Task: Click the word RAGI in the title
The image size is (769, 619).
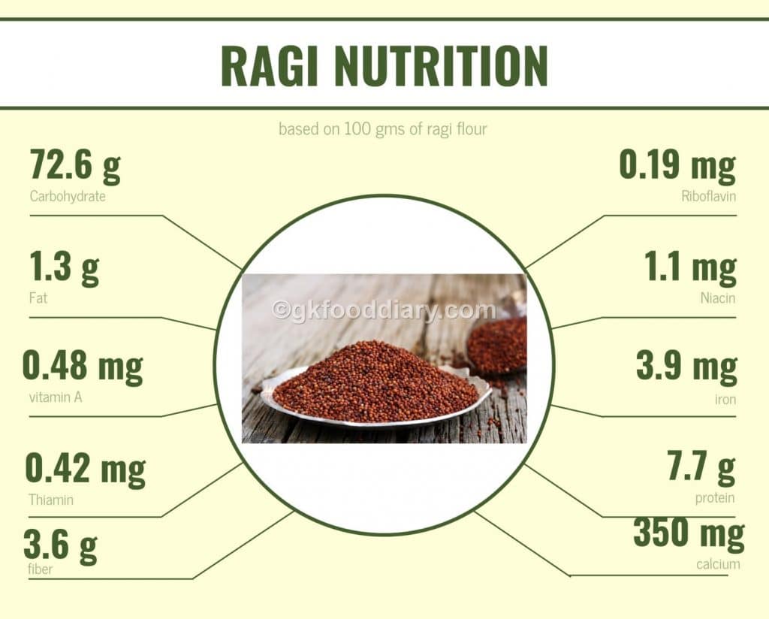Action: (x=271, y=66)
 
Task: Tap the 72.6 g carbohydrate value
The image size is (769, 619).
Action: (x=75, y=166)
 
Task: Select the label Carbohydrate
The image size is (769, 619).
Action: (x=68, y=197)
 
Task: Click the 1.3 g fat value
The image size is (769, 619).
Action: (x=64, y=268)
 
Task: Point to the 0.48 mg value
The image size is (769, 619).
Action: (x=83, y=367)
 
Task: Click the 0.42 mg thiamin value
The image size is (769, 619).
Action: (x=85, y=470)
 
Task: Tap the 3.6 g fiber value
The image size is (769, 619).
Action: (x=60, y=546)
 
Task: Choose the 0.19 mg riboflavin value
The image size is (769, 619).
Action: (x=677, y=166)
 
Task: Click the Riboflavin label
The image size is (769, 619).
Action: (x=708, y=197)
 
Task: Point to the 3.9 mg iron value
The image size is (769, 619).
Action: (x=686, y=367)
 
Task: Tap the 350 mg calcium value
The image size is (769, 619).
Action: (x=689, y=533)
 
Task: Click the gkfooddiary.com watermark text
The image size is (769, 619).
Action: (x=384, y=309)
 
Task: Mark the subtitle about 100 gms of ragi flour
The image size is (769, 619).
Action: (x=383, y=129)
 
